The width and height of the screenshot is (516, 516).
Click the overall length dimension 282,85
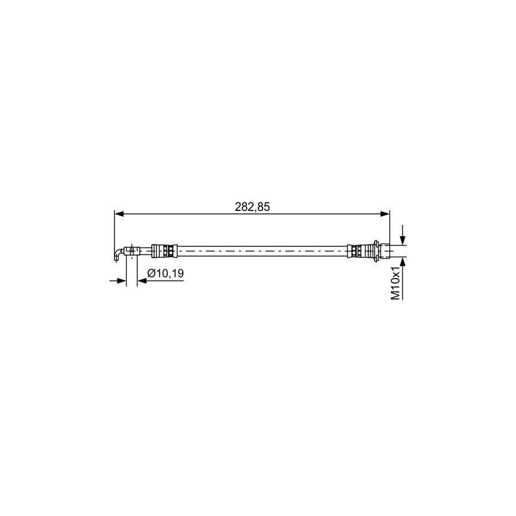(252, 207)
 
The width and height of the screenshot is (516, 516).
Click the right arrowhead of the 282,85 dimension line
(385, 214)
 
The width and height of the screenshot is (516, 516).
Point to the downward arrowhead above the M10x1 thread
(404, 240)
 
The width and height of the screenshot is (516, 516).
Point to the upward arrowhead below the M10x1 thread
(404, 261)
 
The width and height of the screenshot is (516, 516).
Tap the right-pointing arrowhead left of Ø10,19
(122, 280)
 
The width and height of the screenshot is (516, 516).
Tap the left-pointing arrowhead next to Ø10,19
(142, 280)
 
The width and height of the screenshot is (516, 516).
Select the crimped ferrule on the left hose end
(164, 251)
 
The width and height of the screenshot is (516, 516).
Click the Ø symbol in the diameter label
(151, 274)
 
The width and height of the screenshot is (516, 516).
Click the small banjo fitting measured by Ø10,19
(132, 251)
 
